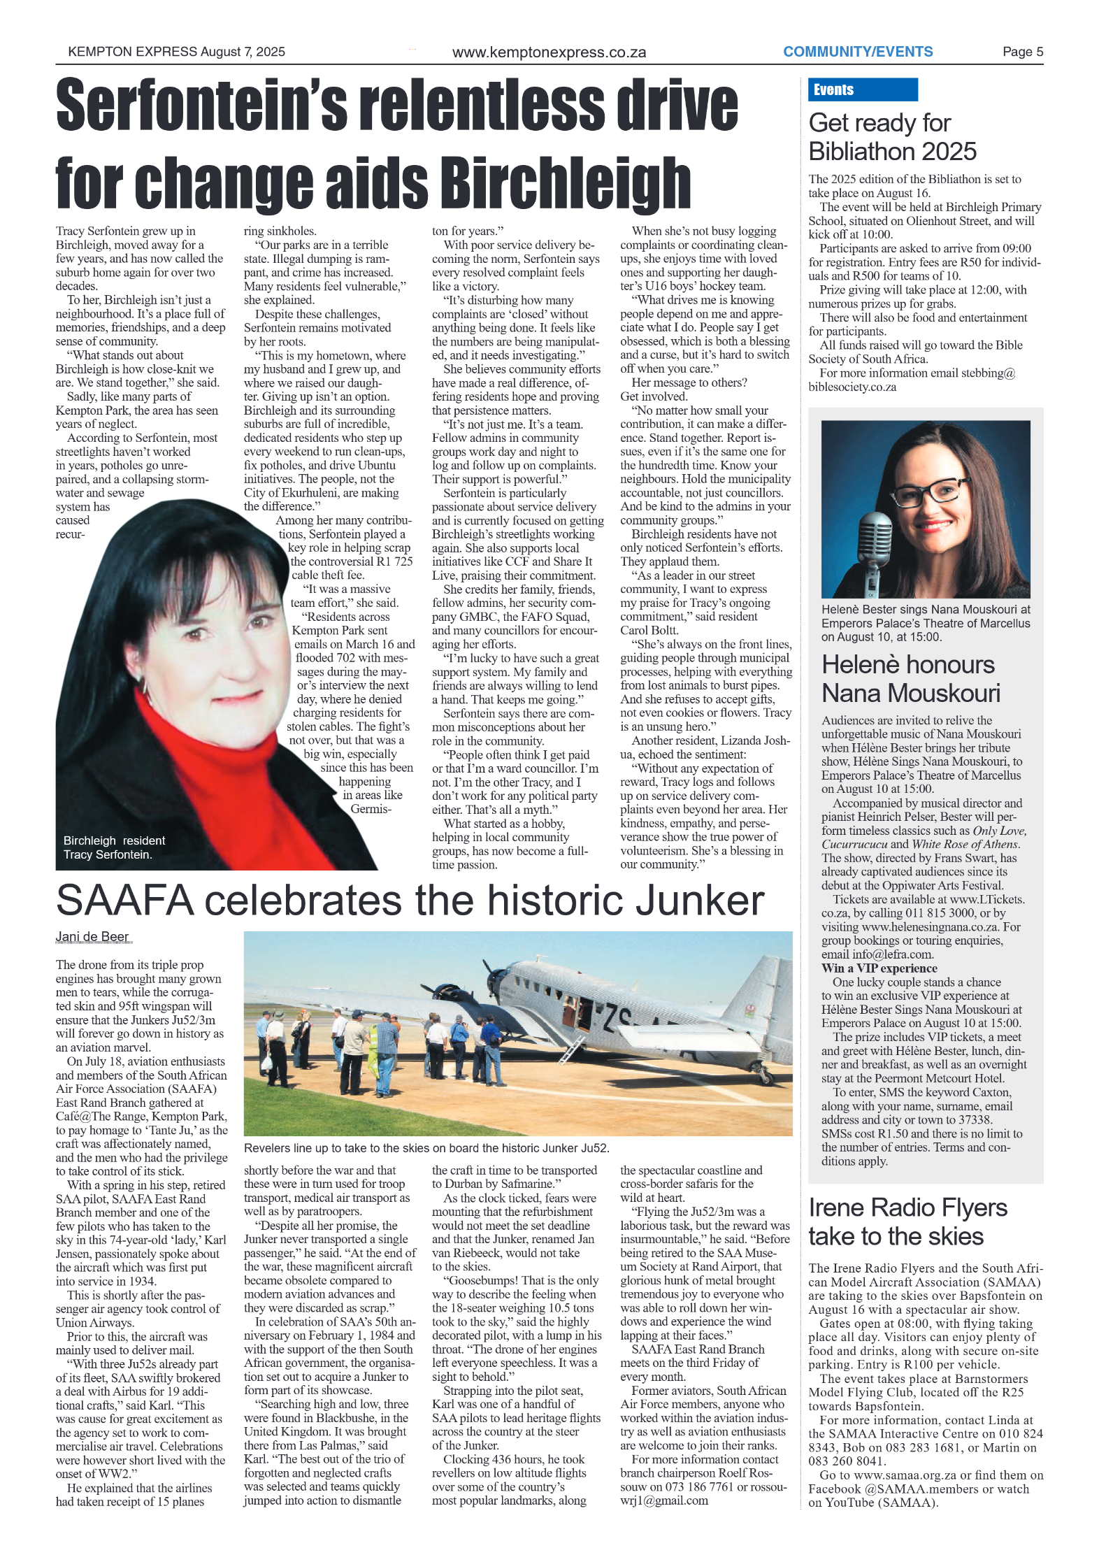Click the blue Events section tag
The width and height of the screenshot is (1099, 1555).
click(x=861, y=89)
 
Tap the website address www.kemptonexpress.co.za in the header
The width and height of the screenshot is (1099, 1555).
click(x=549, y=52)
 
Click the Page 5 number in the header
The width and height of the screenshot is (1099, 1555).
click(x=1022, y=52)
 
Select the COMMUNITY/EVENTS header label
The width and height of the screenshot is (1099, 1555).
click(x=858, y=52)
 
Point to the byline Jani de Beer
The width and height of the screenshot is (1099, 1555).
click(x=92, y=937)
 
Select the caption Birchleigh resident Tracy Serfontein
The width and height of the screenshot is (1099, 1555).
click(x=115, y=847)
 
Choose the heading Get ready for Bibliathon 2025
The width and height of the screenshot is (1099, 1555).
click(x=892, y=137)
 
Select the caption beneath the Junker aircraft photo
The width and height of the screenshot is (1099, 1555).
click(x=426, y=1148)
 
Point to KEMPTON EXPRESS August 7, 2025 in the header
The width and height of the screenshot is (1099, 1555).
click(x=176, y=52)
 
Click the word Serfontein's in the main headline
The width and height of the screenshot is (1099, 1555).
click(x=202, y=106)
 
